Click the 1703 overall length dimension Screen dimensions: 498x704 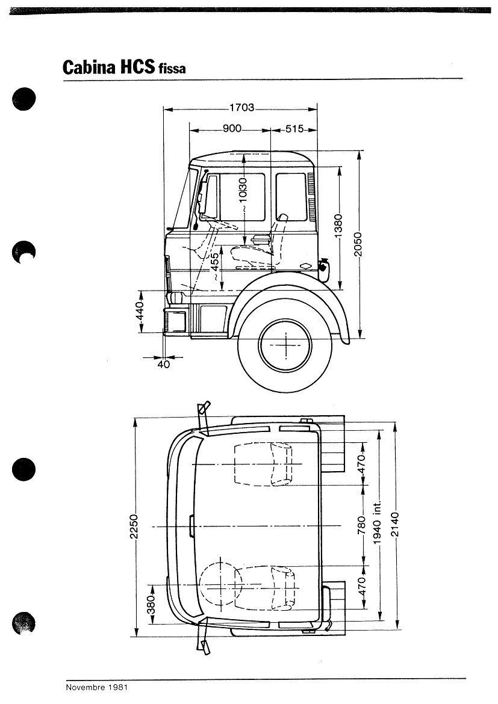tap(241, 108)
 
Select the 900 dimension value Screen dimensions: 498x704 tap(232, 129)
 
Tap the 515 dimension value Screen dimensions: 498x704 tap(294, 129)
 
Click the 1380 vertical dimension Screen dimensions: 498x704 tap(338, 226)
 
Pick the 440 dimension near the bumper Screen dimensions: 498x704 tap(140, 312)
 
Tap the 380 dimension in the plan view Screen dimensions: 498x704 tap(152, 604)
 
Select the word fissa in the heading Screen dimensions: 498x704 tap(172, 69)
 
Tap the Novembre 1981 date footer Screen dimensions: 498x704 tap(96, 687)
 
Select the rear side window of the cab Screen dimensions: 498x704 tap(291, 197)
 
